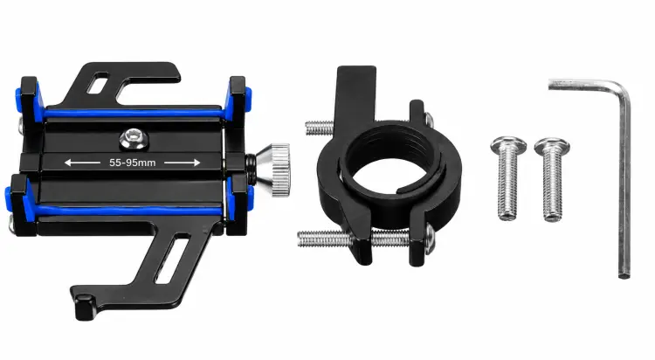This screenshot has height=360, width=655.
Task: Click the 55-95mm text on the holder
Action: (x=132, y=163)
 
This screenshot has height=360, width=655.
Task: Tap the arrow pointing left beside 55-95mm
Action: (x=82, y=163)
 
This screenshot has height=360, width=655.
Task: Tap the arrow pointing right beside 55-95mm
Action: (x=183, y=163)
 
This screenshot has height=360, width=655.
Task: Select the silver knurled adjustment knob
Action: (x=276, y=170)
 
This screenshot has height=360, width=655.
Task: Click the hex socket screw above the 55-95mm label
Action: (x=133, y=139)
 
